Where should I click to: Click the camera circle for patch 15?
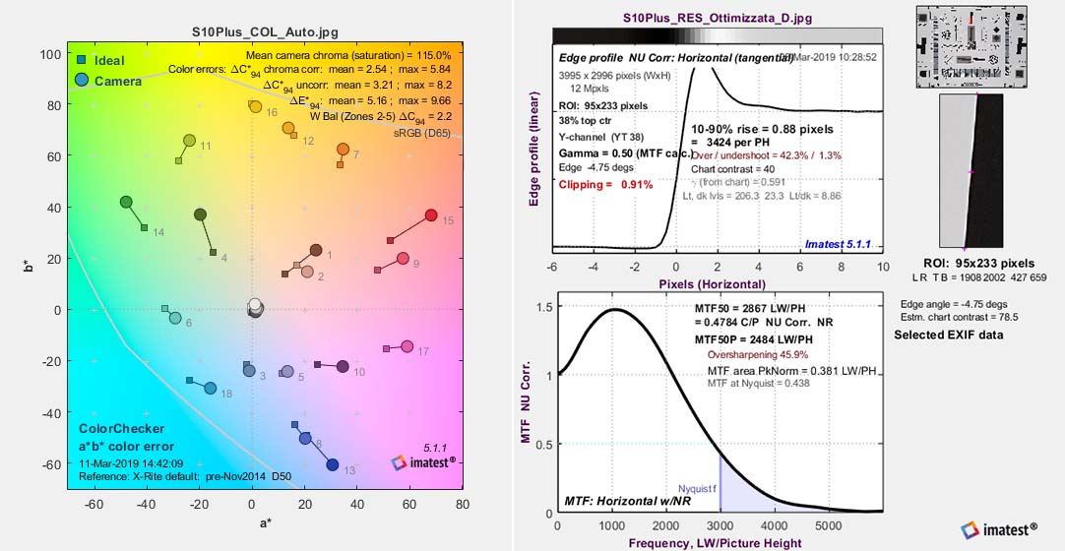tap(430, 215)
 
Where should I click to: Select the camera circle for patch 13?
tap(332, 464)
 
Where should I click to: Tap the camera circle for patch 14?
tap(126, 202)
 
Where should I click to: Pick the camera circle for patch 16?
tap(255, 106)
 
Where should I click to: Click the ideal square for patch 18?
tap(189, 380)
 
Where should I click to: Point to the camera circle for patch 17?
tap(407, 346)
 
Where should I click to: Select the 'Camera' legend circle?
tap(82, 80)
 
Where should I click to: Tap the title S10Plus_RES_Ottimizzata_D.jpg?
tap(718, 18)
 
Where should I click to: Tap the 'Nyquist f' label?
tap(700, 488)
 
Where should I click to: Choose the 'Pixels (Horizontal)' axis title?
tap(715, 283)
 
